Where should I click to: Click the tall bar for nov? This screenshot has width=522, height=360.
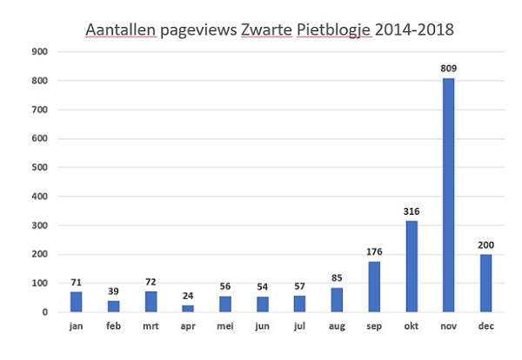point(448,195)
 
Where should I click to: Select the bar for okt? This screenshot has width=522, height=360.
point(411,266)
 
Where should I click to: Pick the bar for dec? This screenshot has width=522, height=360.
point(485,283)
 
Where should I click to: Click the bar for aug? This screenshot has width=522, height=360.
point(336,299)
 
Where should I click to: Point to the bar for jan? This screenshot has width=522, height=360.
point(76,301)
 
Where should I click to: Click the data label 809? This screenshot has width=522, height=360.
point(448,69)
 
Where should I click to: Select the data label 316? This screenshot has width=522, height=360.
point(411,211)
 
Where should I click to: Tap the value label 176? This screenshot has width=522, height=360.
point(373,252)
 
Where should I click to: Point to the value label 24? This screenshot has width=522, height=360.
point(188,296)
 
